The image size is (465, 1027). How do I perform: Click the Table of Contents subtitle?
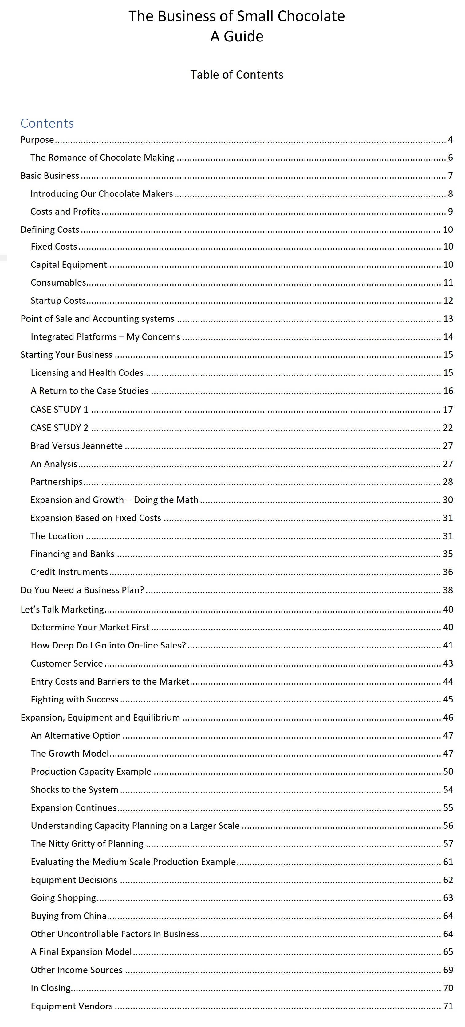click(237, 75)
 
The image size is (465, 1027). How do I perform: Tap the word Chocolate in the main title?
click(311, 16)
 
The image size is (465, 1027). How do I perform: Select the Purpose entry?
click(37, 140)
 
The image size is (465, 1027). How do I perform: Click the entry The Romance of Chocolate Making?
click(102, 158)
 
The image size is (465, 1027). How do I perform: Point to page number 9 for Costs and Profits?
click(450, 212)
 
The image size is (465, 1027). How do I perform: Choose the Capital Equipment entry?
click(69, 265)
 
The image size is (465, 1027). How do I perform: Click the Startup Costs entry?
click(58, 301)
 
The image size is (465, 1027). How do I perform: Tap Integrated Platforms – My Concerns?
click(105, 337)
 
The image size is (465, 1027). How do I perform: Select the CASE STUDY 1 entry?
click(60, 410)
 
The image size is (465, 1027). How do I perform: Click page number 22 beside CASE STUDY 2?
click(448, 428)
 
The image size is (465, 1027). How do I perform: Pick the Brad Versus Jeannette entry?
click(77, 446)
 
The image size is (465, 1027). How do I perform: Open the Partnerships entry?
click(57, 482)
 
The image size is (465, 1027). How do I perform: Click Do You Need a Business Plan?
click(82, 590)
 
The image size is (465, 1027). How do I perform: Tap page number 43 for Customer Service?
click(448, 663)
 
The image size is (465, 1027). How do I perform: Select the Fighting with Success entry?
click(75, 699)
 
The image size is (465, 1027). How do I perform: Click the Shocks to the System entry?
click(75, 790)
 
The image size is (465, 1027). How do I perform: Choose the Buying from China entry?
click(69, 916)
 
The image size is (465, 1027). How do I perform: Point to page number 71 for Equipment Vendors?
click(448, 1006)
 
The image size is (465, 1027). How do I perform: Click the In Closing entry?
click(51, 988)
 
